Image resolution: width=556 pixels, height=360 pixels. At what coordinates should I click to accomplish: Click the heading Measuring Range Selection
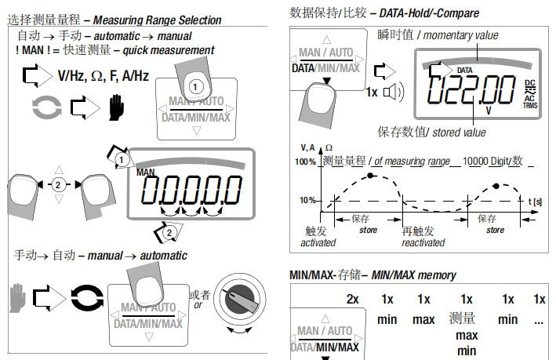(x=157, y=20)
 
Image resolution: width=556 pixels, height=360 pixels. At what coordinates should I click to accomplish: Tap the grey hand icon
(x=18, y=299)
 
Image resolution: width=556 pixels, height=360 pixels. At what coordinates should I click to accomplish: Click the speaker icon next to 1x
(x=395, y=92)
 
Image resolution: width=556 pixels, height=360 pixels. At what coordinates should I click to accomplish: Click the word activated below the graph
(x=318, y=243)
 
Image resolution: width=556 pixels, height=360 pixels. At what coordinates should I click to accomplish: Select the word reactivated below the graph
(x=423, y=243)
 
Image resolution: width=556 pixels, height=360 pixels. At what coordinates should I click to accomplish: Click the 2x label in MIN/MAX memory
(x=353, y=299)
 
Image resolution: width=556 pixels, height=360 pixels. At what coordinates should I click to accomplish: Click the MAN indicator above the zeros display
(x=146, y=172)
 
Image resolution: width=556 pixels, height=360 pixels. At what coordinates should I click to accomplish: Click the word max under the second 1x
(x=423, y=319)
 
